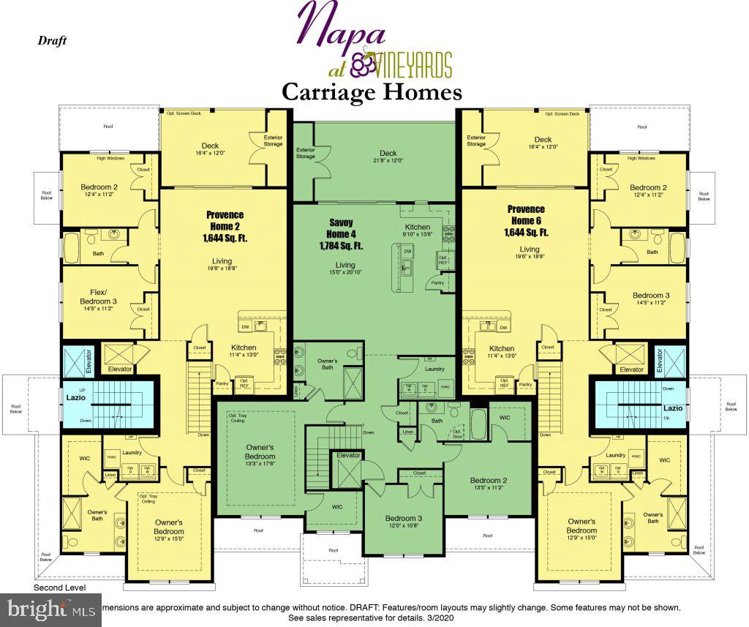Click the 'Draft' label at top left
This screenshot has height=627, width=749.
(x=52, y=40)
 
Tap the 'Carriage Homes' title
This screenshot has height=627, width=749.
(x=372, y=92)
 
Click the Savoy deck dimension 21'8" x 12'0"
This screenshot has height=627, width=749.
(x=388, y=161)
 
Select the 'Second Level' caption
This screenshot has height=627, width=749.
(x=59, y=587)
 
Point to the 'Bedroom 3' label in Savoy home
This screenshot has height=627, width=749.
(x=404, y=519)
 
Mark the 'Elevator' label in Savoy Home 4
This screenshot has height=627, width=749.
(x=349, y=455)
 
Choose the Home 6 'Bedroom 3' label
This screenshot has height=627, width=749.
(x=650, y=296)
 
